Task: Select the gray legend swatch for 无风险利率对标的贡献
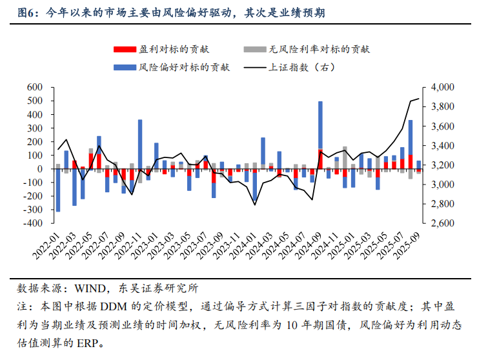pos(254,50)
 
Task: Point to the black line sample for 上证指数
pos(254,67)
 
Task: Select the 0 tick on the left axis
pos(39,169)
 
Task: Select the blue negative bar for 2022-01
pos(58,190)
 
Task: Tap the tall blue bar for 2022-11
pos(140,141)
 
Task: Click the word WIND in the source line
pos(88,288)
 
